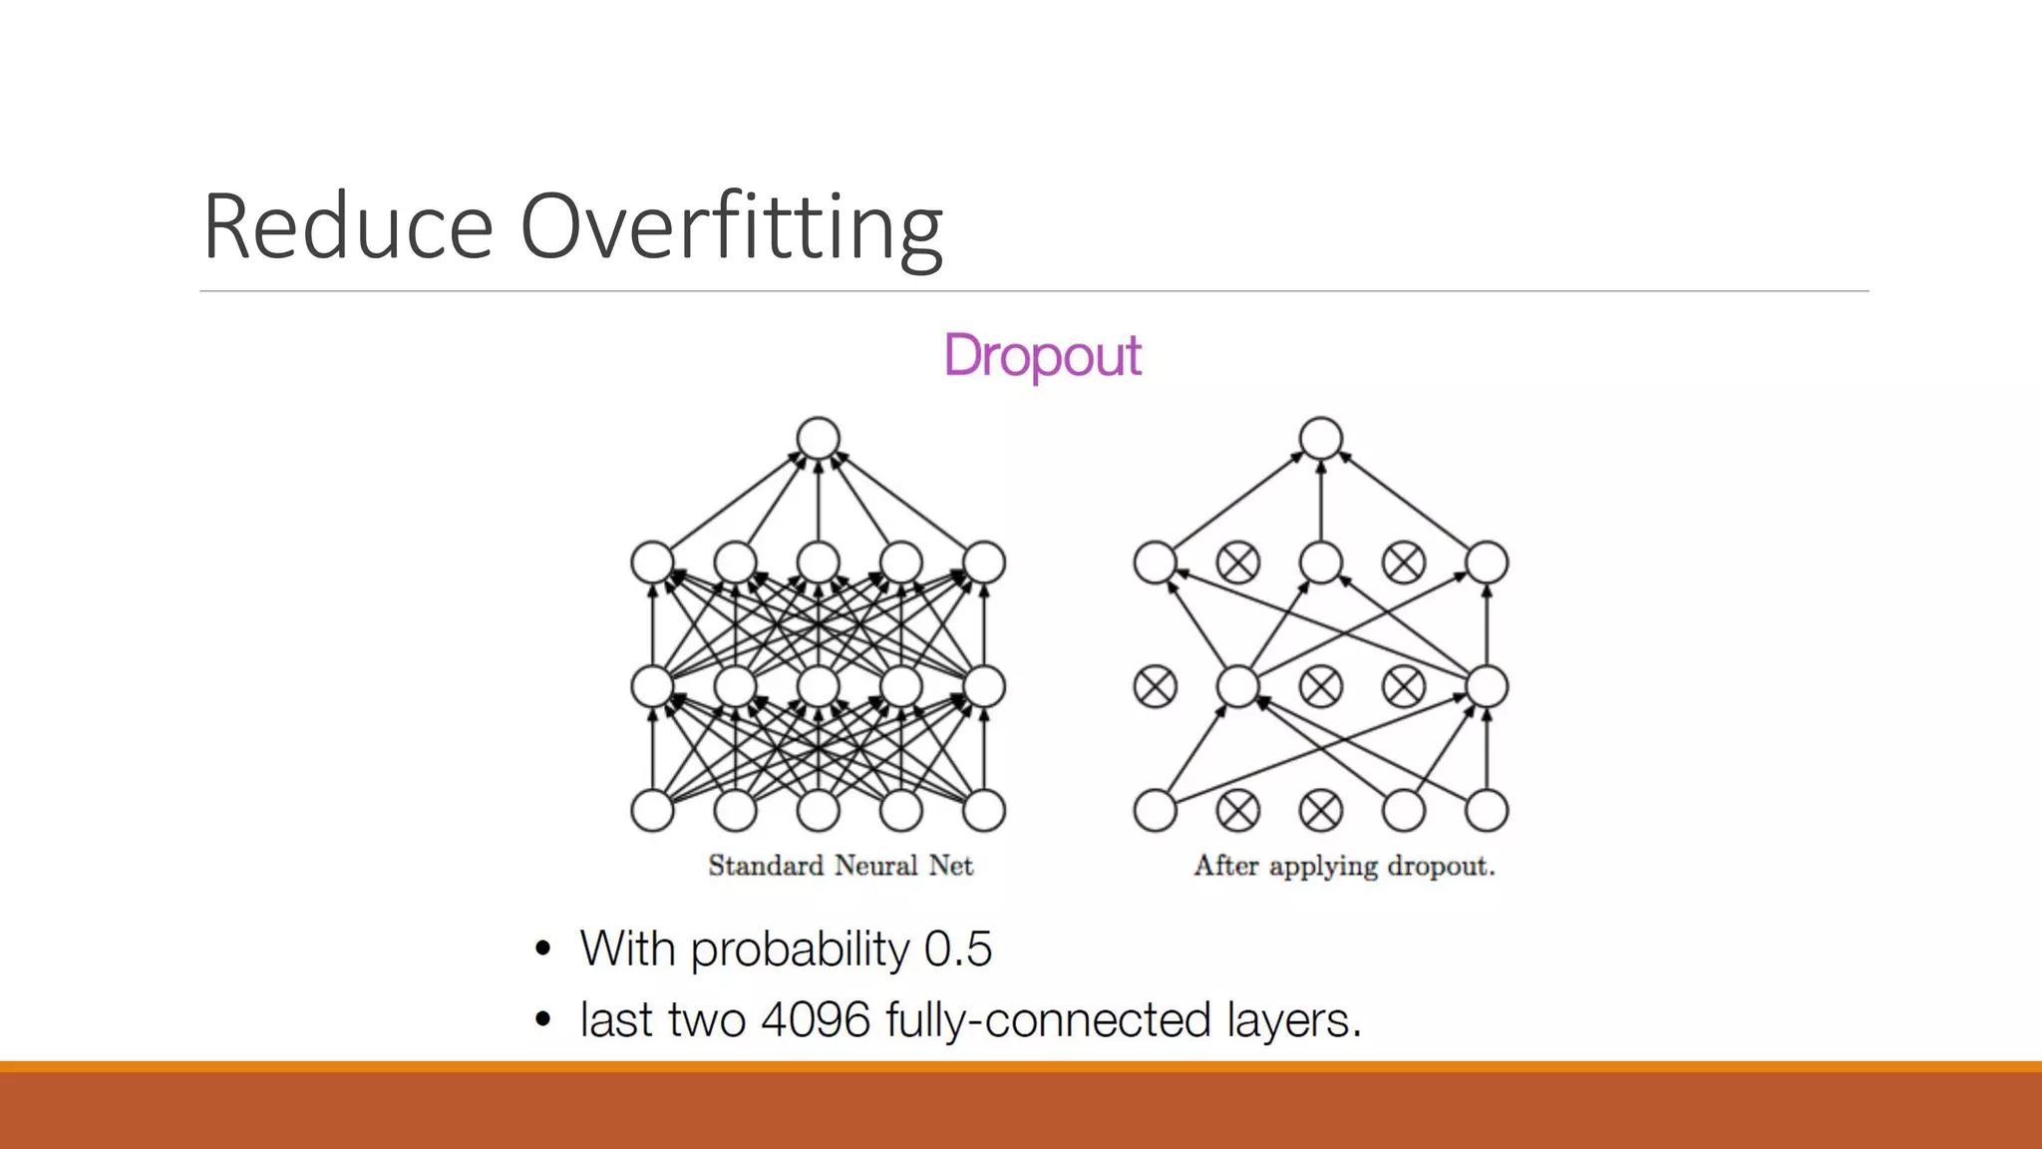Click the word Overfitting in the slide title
coord(731,227)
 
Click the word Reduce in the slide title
coord(348,227)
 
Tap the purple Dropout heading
coord(1042,356)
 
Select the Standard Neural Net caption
coord(841,866)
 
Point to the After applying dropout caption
coord(1344,866)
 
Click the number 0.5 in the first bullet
coord(957,949)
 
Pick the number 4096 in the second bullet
coord(816,1020)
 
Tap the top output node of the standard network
coord(819,439)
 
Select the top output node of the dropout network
coord(1321,439)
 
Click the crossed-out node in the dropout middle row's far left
coord(1156,687)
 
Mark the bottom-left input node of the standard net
coord(653,811)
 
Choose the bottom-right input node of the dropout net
coord(1487,811)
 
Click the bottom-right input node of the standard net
coord(984,811)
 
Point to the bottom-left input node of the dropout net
coord(1156,811)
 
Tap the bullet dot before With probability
coord(542,949)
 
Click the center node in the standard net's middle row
coord(819,687)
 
